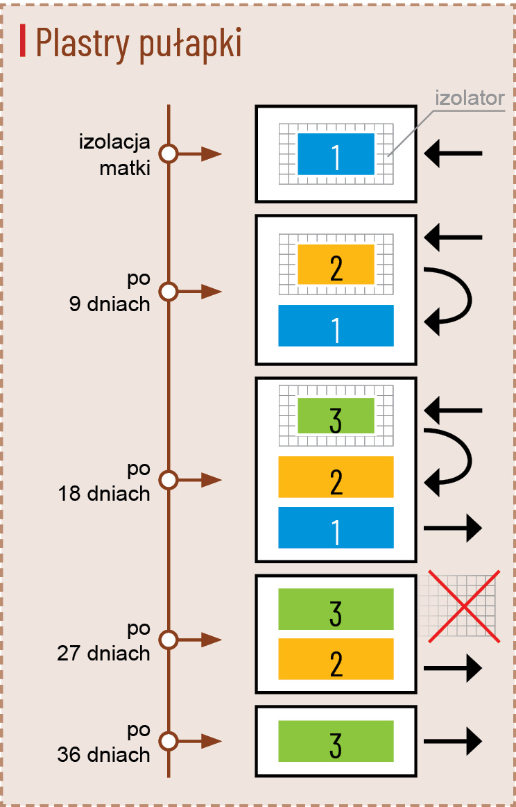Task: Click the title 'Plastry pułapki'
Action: (x=138, y=44)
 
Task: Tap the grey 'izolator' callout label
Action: (x=470, y=98)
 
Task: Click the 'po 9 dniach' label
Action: (x=110, y=291)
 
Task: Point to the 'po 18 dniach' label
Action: (x=105, y=481)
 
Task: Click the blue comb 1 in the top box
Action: (x=336, y=154)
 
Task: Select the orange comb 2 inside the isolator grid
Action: (x=336, y=265)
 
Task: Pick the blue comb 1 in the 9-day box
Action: (x=336, y=326)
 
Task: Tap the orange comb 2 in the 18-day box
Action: (x=336, y=477)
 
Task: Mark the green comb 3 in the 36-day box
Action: (x=336, y=741)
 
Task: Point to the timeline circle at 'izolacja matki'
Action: (x=169, y=154)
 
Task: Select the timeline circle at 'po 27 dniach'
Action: (x=169, y=639)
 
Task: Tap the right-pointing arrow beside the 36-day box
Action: (x=453, y=740)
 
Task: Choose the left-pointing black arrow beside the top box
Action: (x=453, y=153)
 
